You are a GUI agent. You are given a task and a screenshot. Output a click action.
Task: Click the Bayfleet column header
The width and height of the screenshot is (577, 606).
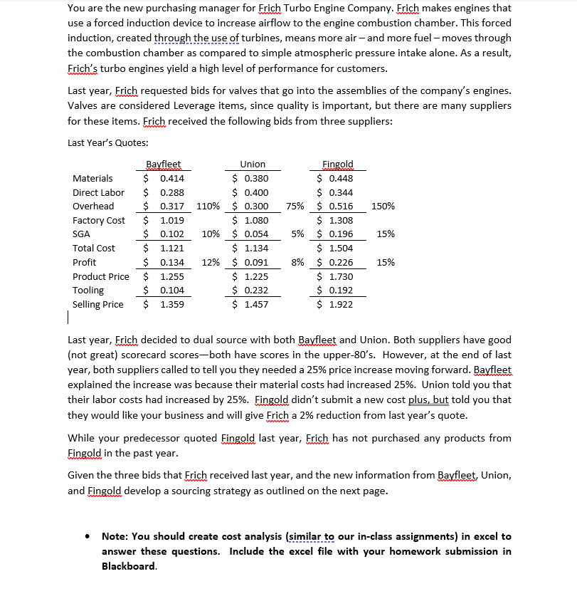pos(164,164)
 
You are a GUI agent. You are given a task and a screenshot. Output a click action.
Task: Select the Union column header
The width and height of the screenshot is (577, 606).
pos(253,164)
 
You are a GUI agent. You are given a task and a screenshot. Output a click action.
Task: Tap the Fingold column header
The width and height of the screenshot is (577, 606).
pos(337,164)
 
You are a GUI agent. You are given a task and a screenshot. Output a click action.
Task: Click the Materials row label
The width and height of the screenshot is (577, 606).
pos(92,179)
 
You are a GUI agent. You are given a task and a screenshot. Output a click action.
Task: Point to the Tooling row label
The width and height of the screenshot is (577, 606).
pos(88,291)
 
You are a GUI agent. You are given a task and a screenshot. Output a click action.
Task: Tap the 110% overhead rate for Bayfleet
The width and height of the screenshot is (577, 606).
pos(207,207)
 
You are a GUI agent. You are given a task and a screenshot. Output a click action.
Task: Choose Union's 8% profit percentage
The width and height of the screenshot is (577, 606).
pos(299,263)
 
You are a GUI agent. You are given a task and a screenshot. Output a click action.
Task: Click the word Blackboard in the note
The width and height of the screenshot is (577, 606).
pos(128,567)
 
